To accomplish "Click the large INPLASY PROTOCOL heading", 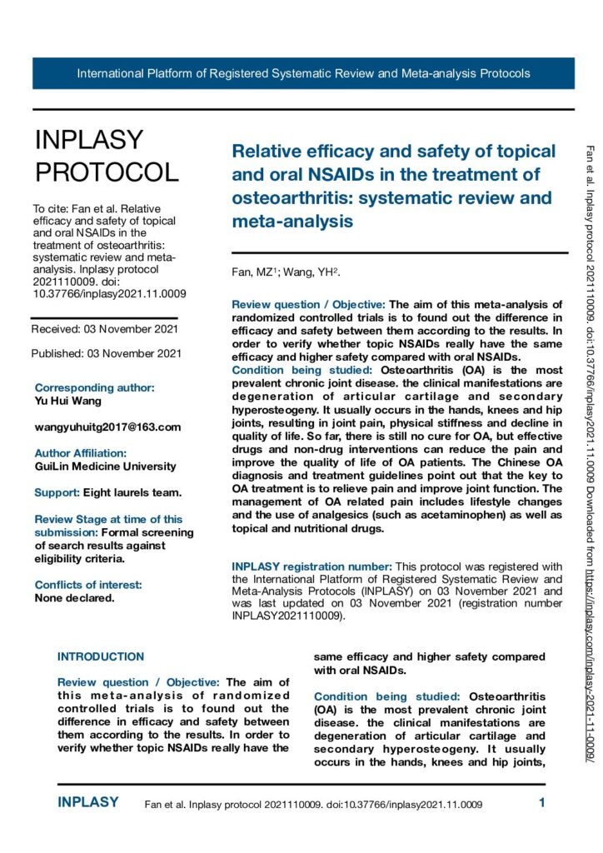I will pos(106,156).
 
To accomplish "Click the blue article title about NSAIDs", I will pos(392,187).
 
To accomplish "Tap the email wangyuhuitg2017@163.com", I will pos(107,426).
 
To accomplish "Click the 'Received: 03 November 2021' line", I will pos(104,329).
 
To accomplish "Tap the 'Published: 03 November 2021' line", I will pos(106,353).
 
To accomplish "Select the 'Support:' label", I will pos(57,492).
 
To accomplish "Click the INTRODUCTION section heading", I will pos(100,633).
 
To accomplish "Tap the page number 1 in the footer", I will pos(541,804).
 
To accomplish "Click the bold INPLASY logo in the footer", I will pos(87,804).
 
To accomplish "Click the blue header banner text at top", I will pos(303,73).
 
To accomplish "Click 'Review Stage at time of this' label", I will pos(108,519).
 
